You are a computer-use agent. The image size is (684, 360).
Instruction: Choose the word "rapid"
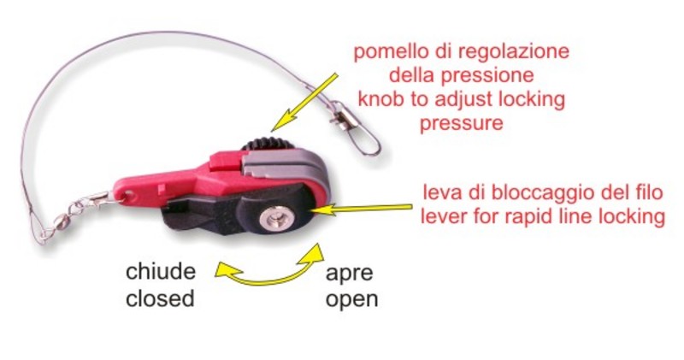pos(531,216)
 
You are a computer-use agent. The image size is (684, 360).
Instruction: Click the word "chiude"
pos(161,271)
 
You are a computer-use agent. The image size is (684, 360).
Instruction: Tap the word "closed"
pos(160,299)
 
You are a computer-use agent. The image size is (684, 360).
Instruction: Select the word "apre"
pos(349,274)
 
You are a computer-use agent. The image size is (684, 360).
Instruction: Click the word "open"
pos(351,301)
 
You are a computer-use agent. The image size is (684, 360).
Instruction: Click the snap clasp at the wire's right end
pos(356,129)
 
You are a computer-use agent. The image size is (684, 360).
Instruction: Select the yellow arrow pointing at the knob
pos(304,102)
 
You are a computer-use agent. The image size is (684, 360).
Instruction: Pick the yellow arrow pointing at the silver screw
pos(361,209)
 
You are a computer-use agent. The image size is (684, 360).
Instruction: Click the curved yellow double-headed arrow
pos(268,274)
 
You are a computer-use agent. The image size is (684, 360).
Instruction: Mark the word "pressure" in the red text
pos(461,123)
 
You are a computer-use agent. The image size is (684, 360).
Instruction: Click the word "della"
pos(412,75)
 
